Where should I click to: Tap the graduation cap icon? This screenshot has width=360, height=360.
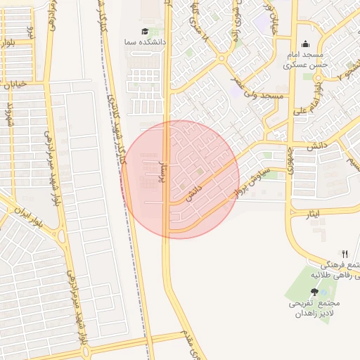145,31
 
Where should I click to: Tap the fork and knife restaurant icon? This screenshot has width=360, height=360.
345,254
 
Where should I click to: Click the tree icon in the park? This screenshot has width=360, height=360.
314,291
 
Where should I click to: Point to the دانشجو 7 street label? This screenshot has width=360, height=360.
347,71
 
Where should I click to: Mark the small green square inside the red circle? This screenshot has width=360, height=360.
199,171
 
